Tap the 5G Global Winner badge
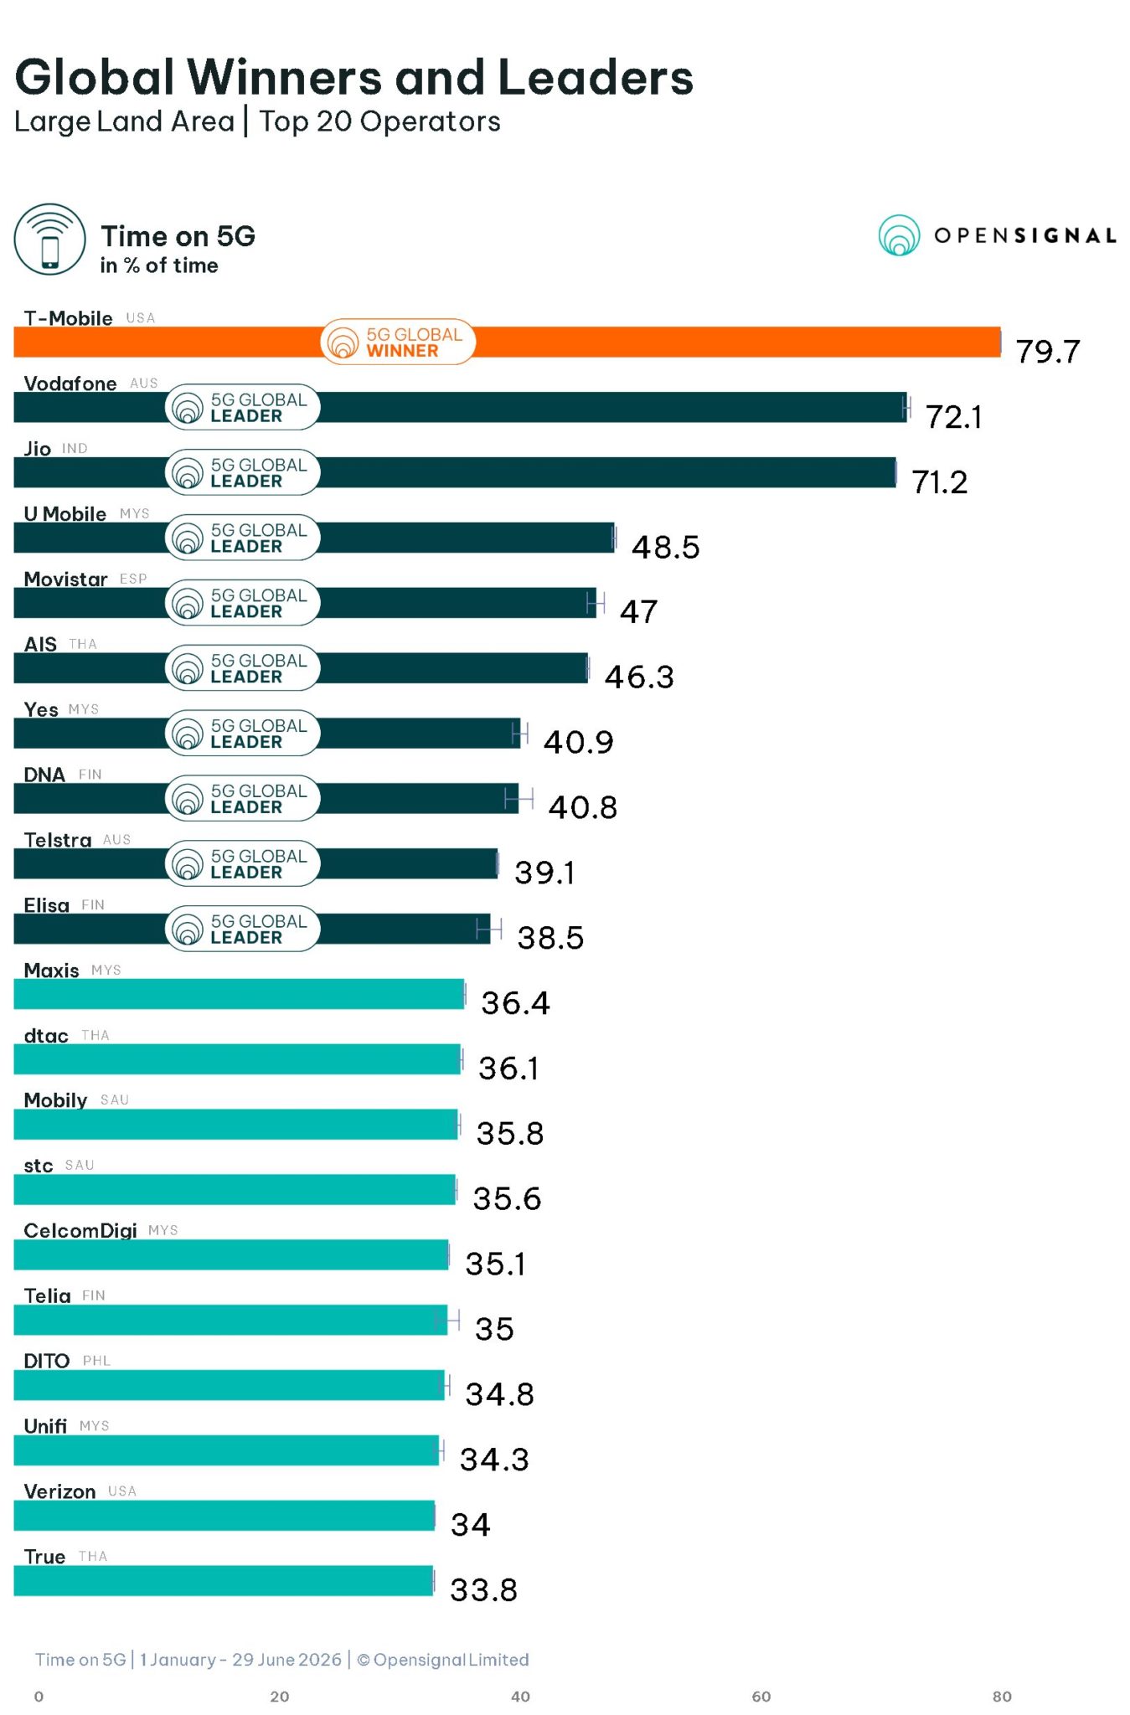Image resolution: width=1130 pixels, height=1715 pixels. coord(398,342)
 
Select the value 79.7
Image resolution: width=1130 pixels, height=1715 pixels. coord(1048,352)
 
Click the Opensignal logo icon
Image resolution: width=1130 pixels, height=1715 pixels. coord(900,235)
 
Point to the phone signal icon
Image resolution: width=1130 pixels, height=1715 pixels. coord(49,239)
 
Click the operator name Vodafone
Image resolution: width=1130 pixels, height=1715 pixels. coord(70,384)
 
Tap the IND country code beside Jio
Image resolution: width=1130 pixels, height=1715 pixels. coord(75,449)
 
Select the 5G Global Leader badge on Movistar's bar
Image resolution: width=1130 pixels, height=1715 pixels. coord(243,603)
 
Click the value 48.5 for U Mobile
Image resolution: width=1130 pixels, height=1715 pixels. coord(666,548)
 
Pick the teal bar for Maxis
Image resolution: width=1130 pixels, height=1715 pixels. coord(239,994)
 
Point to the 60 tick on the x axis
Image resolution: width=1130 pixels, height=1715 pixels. coord(761,1697)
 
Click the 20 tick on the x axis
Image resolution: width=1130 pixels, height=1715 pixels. coord(280,1697)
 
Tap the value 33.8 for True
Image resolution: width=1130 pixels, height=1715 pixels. coord(484,1590)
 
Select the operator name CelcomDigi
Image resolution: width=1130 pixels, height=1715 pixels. coord(80,1231)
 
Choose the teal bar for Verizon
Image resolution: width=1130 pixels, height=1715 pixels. coord(224,1516)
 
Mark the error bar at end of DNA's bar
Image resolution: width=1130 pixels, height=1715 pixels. coord(519,799)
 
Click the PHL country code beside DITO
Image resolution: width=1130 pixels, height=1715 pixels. coord(96,1361)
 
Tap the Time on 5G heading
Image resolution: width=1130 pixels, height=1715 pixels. coord(178,236)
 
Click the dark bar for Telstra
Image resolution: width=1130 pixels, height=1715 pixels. coord(256,863)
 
